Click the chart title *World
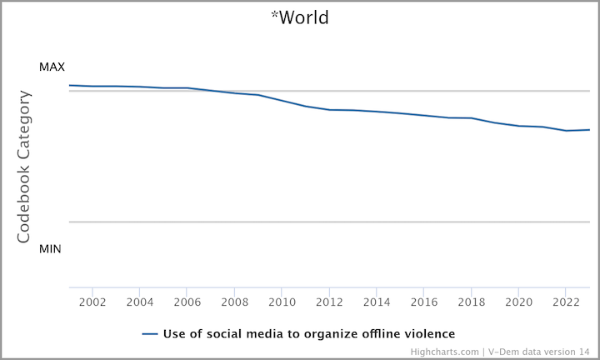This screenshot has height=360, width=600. click(300, 17)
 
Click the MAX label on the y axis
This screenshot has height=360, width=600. click(52, 67)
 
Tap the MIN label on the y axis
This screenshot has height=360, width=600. click(51, 248)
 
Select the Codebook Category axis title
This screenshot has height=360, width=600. click(25, 167)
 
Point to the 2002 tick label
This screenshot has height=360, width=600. click(92, 301)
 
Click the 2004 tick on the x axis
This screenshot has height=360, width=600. click(139, 301)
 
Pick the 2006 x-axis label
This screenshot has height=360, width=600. click(187, 301)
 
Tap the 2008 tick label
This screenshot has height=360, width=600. click(234, 301)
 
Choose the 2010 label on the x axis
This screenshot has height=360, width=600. click(282, 301)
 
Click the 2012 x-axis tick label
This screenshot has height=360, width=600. click(329, 301)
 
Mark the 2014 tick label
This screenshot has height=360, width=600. click(377, 301)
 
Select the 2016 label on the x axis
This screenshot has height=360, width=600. click(424, 301)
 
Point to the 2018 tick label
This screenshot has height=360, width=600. click(472, 301)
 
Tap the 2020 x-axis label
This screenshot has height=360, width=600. click(519, 301)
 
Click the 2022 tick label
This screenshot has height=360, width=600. click(567, 301)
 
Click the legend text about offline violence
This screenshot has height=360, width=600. click(308, 333)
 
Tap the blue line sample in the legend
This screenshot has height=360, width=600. click(150, 333)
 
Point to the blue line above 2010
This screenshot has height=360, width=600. click(282, 100)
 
